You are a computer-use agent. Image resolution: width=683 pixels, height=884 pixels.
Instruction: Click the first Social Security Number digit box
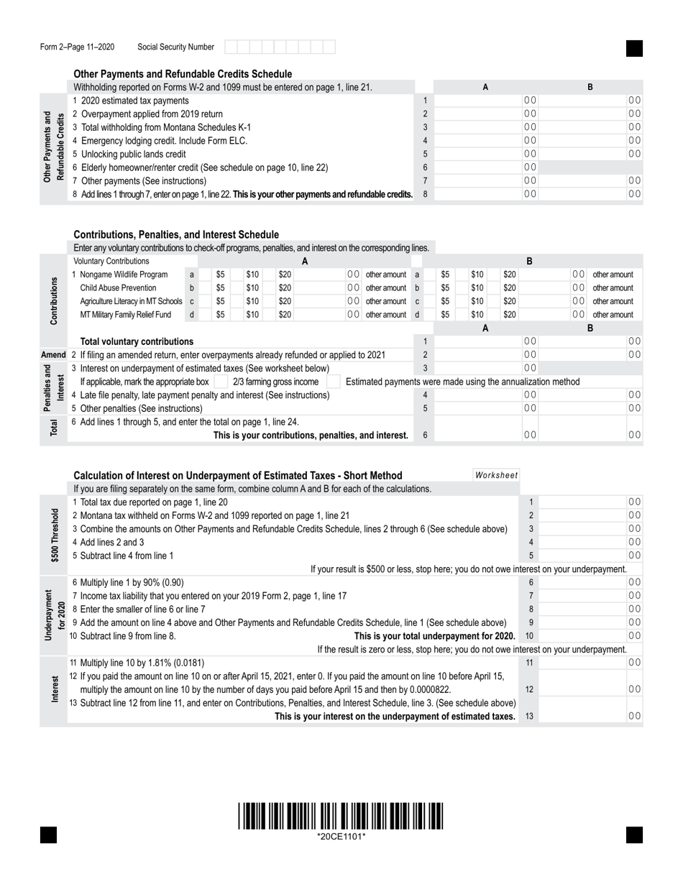click(230, 47)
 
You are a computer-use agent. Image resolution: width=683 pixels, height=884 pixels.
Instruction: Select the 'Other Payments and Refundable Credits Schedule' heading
click(183, 74)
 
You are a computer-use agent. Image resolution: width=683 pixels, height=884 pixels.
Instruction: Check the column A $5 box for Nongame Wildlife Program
click(205, 275)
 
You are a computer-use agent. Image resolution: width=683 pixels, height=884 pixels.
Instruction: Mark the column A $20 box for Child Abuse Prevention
click(268, 288)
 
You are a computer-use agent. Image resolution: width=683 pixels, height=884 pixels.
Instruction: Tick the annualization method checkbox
click(334, 382)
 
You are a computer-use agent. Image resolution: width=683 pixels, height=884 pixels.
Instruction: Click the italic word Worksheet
click(496, 475)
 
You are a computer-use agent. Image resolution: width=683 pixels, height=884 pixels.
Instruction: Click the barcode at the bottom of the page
click(341, 816)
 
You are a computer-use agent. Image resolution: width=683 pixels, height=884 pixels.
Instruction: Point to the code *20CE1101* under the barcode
click(341, 837)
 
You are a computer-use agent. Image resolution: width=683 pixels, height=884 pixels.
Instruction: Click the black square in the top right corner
click(634, 48)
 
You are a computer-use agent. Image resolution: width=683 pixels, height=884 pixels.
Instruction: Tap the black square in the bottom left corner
click(48, 834)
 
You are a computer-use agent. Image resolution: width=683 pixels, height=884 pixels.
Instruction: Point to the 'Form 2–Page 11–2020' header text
click(77, 47)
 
